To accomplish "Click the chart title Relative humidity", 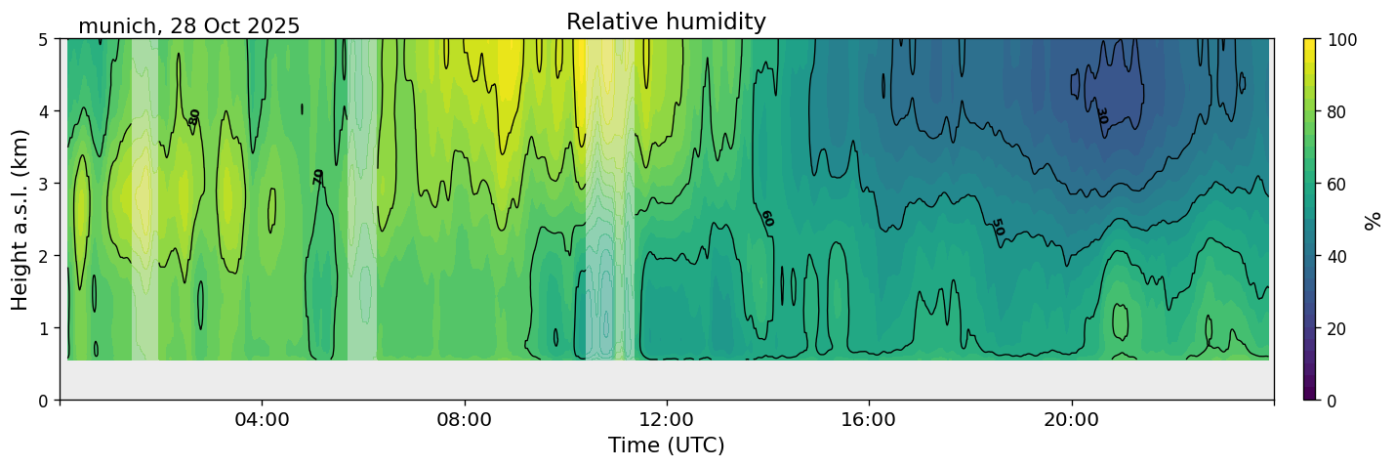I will click(666, 21).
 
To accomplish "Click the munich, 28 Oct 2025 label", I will click(188, 26).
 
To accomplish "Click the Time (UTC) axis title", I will click(666, 446).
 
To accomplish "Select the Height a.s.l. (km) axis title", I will click(21, 219).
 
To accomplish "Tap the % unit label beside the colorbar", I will click(1374, 220).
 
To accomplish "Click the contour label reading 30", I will click(1101, 115).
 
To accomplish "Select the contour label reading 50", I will click(997, 227).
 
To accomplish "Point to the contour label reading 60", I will click(766, 218).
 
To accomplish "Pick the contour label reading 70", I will click(318, 177).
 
